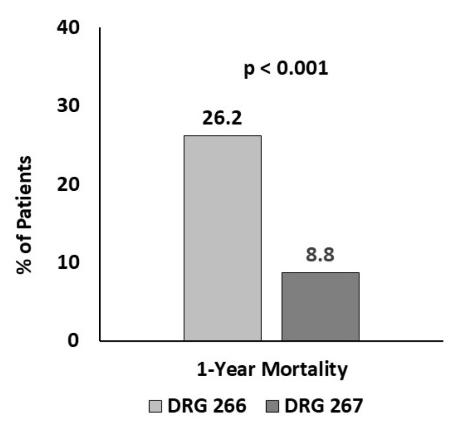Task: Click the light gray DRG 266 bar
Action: pyautogui.click(x=222, y=238)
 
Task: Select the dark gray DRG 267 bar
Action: pyautogui.click(x=321, y=306)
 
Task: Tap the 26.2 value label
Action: pyautogui.click(x=222, y=118)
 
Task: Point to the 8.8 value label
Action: pyautogui.click(x=321, y=255)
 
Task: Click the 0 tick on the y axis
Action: pyautogui.click(x=75, y=340)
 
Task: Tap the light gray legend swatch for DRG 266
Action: pyautogui.click(x=156, y=407)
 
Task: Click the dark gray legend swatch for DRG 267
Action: pyautogui.click(x=273, y=407)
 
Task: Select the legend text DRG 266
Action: pyautogui.click(x=207, y=407)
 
